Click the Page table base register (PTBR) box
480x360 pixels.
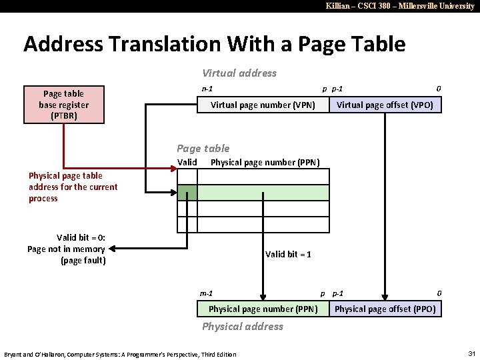tap(64, 105)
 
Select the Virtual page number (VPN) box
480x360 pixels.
tap(263, 105)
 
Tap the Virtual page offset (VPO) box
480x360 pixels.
tap(385, 105)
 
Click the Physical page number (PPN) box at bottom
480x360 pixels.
tap(263, 309)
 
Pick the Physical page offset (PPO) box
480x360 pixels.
tap(385, 309)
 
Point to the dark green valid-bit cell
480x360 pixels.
tap(187, 193)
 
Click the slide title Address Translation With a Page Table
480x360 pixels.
tap(214, 44)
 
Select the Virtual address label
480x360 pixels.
tap(239, 73)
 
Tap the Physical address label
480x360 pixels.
tap(242, 327)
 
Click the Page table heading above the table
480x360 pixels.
tap(203, 149)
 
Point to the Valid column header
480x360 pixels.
tap(187, 163)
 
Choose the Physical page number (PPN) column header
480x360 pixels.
tap(265, 163)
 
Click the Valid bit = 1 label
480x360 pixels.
tap(288, 254)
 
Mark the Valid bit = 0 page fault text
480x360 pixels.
tap(67, 249)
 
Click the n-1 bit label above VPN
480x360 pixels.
tap(208, 89)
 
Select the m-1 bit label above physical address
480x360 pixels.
tap(207, 293)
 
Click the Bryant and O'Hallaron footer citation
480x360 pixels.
tap(120, 354)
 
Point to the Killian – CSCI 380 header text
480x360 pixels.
tap(400, 6)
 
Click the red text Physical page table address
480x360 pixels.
tap(73, 187)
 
